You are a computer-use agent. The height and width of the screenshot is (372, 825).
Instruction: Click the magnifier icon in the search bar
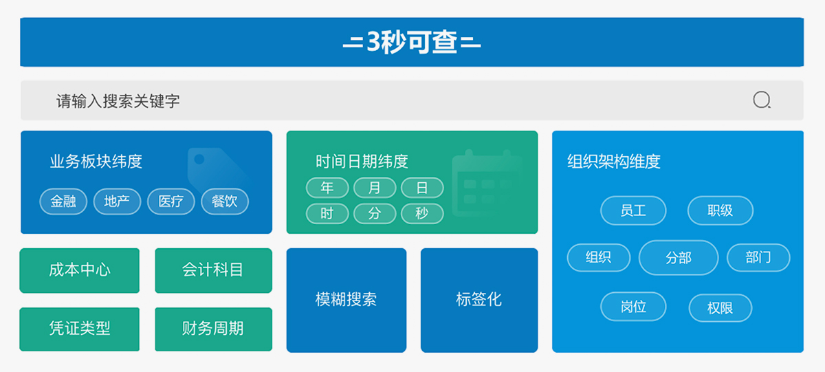tap(762, 100)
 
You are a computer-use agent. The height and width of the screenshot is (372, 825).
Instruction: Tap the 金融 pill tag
tap(63, 201)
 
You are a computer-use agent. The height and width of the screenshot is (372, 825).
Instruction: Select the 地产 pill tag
tap(117, 201)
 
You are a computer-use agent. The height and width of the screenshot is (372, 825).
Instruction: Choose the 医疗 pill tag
tap(171, 201)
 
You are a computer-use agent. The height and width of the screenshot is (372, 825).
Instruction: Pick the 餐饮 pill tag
tap(225, 201)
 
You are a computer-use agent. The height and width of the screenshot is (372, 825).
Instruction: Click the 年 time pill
tap(327, 188)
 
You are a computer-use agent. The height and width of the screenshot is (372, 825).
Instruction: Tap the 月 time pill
tap(375, 188)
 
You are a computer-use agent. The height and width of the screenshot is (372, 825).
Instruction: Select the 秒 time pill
tap(422, 213)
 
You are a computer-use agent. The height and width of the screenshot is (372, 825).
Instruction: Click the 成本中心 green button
tap(80, 270)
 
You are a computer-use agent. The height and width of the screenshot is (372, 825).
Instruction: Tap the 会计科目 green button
tap(214, 270)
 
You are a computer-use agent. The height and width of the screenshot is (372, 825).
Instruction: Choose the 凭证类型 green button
tap(80, 329)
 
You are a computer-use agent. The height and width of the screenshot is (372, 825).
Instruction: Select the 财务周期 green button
tap(214, 329)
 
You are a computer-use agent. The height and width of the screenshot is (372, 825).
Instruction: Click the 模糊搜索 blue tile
tap(346, 300)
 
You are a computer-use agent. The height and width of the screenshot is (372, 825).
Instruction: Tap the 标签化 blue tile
tap(479, 300)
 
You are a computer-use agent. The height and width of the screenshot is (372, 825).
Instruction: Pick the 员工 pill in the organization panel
tap(633, 210)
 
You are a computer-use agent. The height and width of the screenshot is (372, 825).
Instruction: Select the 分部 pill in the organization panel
tap(679, 257)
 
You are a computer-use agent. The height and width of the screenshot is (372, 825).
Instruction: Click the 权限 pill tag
tap(720, 307)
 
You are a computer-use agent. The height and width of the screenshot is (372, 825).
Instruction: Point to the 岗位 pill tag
tap(633, 306)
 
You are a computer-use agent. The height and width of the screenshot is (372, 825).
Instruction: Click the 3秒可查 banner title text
tap(412, 42)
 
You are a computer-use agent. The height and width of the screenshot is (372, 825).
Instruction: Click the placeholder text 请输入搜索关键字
tap(118, 101)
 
